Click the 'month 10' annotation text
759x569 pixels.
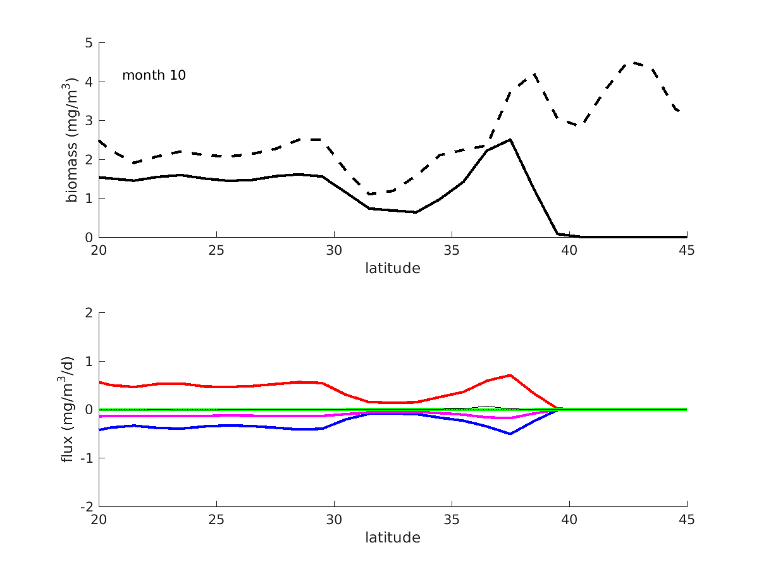pyautogui.click(x=154, y=75)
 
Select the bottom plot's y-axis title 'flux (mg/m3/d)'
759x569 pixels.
pyautogui.click(x=68, y=410)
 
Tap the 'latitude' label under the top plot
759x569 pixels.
pyautogui.click(x=392, y=268)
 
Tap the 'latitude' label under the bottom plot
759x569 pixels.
pyautogui.click(x=392, y=537)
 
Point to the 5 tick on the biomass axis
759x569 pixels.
pyautogui.click(x=88, y=44)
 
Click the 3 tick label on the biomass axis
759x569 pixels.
pyautogui.click(x=88, y=121)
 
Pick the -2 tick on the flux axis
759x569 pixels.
pyautogui.click(x=85, y=507)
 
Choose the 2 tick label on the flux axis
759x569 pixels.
pyautogui.click(x=88, y=313)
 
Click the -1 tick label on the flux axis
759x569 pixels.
pyautogui.click(x=85, y=458)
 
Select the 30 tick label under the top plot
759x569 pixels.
pyautogui.click(x=334, y=250)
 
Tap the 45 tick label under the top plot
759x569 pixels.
pyautogui.click(x=686, y=250)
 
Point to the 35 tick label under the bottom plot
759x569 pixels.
pyautogui.click(x=452, y=519)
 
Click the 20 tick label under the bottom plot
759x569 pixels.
pyautogui.click(x=99, y=519)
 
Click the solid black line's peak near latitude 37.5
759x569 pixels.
pyautogui.click(x=510, y=140)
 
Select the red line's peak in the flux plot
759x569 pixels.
pyautogui.click(x=510, y=375)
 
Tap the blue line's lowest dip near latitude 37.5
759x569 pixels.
pyautogui.click(x=510, y=434)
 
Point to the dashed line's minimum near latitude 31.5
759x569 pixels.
pyautogui.click(x=369, y=193)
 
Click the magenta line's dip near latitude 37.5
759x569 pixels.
pyautogui.click(x=510, y=418)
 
